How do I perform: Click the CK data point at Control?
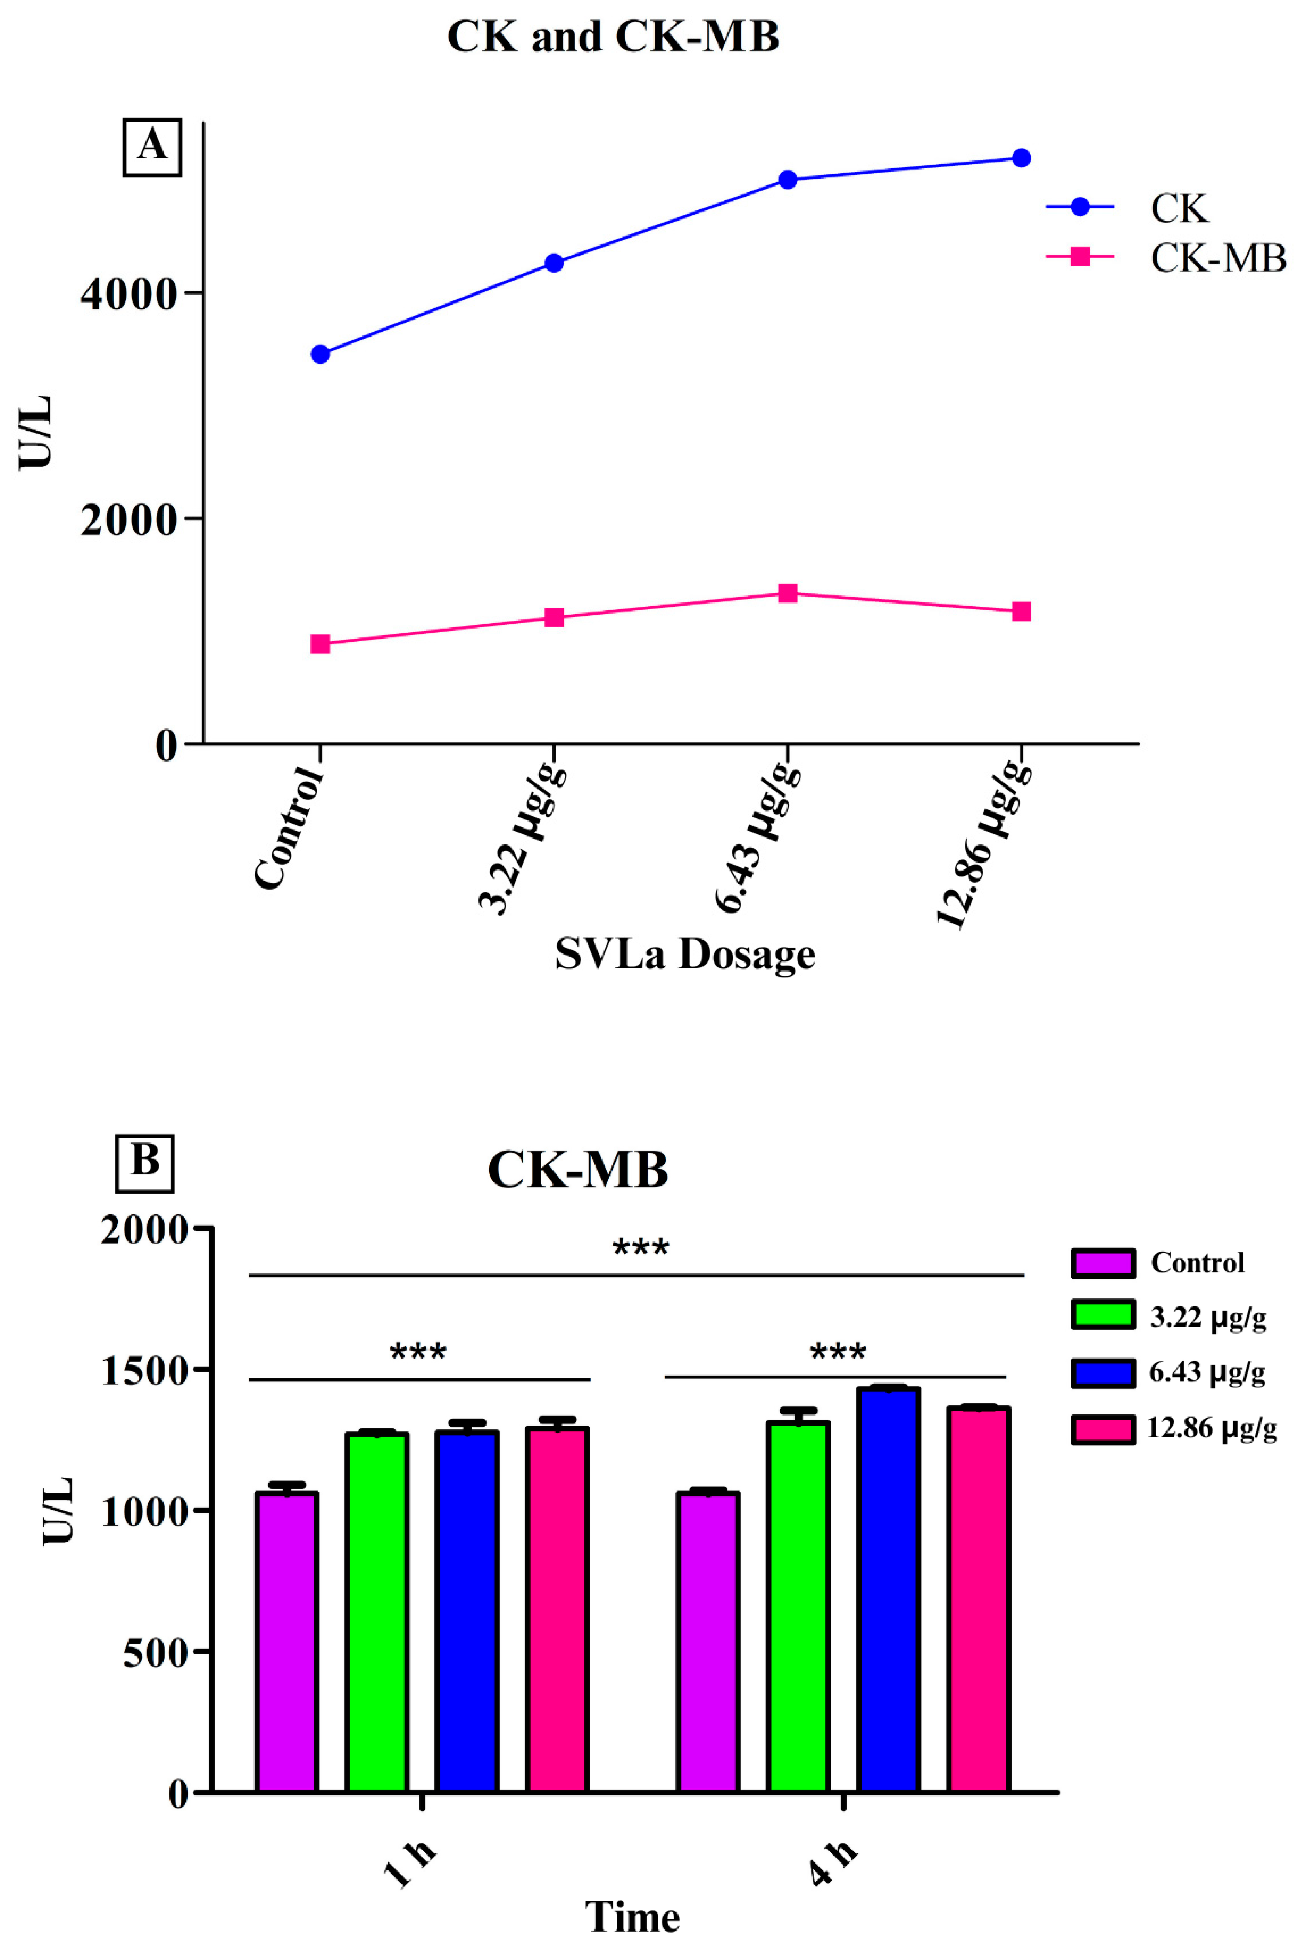click(320, 354)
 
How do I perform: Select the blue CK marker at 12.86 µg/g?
click(1021, 158)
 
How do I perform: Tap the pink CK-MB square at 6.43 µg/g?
click(787, 593)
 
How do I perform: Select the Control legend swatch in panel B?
click(1102, 1263)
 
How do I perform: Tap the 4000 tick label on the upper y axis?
click(130, 295)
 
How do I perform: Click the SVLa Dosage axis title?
click(685, 955)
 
